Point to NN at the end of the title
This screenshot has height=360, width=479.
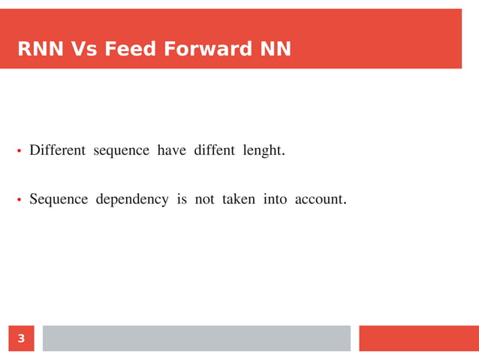(275, 50)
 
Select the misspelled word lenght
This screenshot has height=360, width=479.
(263, 151)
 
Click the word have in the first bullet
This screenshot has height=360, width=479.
(172, 151)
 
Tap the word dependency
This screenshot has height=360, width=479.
(132, 200)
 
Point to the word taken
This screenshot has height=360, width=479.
(239, 200)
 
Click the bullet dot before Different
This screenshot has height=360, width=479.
(20, 152)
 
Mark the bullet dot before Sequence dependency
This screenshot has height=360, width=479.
(20, 201)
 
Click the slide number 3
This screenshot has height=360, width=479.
(21, 339)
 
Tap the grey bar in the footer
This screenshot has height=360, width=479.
(196, 338)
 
